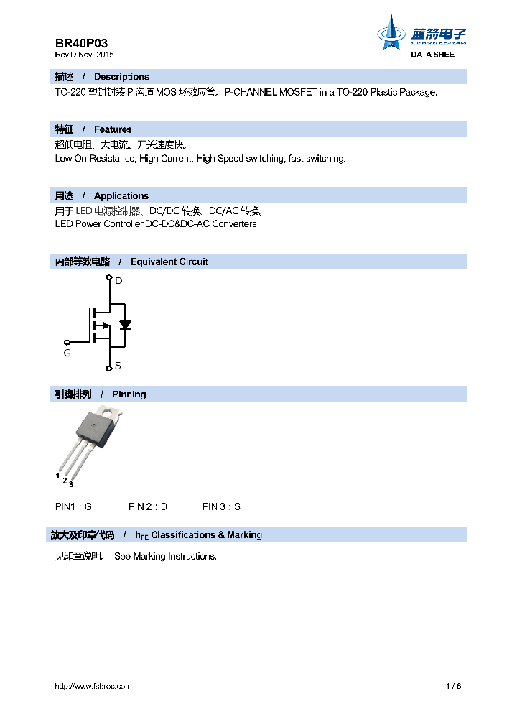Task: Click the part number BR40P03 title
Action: click(82, 43)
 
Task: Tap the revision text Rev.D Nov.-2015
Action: click(84, 55)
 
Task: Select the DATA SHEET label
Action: click(434, 55)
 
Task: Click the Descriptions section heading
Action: click(121, 77)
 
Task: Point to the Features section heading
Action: click(113, 129)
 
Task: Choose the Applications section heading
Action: click(121, 195)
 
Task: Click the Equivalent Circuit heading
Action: click(169, 261)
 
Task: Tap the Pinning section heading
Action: click(129, 394)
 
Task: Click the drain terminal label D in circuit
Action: click(118, 281)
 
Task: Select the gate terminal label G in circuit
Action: click(67, 353)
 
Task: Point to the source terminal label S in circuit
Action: click(118, 366)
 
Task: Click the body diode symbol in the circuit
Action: click(125, 325)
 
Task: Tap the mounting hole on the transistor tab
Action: click(111, 413)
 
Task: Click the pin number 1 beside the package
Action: click(57, 475)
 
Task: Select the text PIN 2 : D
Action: click(148, 506)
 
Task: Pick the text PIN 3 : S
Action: click(221, 506)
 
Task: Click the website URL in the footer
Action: click(93, 686)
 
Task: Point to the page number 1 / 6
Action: click(453, 686)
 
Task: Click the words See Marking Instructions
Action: click(165, 556)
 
